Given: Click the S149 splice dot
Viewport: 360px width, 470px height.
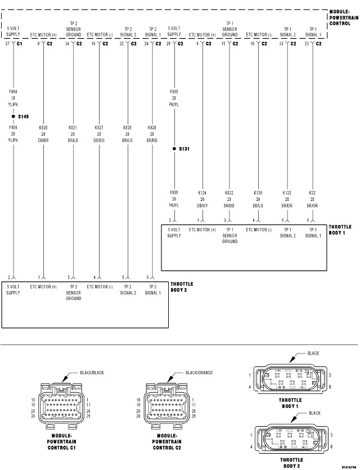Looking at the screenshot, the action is [x=13, y=117].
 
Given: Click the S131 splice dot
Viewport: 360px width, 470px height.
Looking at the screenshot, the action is [x=174, y=149].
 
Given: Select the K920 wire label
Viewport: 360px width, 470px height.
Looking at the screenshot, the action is [x=43, y=128].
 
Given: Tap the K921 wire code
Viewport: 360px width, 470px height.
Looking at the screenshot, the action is [x=73, y=128].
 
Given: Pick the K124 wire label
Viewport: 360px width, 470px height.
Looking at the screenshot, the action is [x=202, y=193].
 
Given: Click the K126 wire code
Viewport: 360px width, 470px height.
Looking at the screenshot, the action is [x=258, y=193].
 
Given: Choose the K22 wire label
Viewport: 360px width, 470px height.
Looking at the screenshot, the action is [x=313, y=193].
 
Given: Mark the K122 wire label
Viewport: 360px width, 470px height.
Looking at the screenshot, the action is [x=287, y=193].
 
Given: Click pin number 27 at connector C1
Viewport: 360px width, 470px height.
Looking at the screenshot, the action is [x=7, y=43].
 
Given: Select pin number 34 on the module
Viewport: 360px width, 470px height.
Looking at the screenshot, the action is [x=67, y=43].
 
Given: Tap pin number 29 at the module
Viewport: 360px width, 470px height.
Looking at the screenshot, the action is [x=168, y=43].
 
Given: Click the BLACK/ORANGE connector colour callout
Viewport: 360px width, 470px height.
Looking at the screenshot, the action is [x=199, y=373].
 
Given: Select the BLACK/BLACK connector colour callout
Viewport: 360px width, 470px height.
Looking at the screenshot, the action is [x=92, y=373].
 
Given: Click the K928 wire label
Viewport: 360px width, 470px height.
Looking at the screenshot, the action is [x=152, y=128].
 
